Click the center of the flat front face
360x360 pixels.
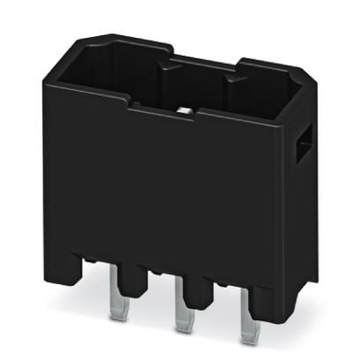[168, 185]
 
